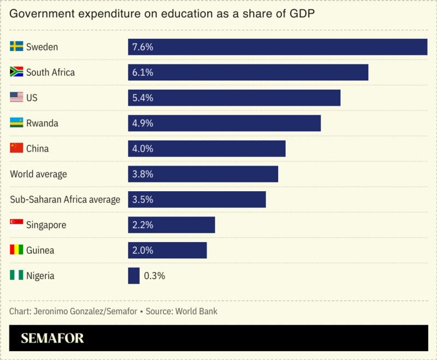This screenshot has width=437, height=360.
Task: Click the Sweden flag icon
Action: (16, 47)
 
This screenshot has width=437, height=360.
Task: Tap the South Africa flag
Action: (16, 72)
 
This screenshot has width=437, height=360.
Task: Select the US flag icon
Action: (16, 98)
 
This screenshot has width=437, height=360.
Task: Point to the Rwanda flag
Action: (16, 123)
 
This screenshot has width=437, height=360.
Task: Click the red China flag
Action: (16, 148)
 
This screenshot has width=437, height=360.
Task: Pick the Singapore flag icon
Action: (16, 225)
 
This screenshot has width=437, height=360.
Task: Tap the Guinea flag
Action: (16, 250)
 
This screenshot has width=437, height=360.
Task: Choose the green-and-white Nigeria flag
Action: (16, 275)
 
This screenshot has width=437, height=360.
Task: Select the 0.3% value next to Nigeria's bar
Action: (155, 276)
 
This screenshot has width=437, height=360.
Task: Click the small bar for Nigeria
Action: (134, 276)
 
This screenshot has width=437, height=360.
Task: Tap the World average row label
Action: (39, 174)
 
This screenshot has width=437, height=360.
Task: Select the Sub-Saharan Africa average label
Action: (65, 199)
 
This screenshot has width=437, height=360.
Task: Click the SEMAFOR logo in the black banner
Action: (52, 338)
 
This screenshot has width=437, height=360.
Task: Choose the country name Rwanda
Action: (42, 123)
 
